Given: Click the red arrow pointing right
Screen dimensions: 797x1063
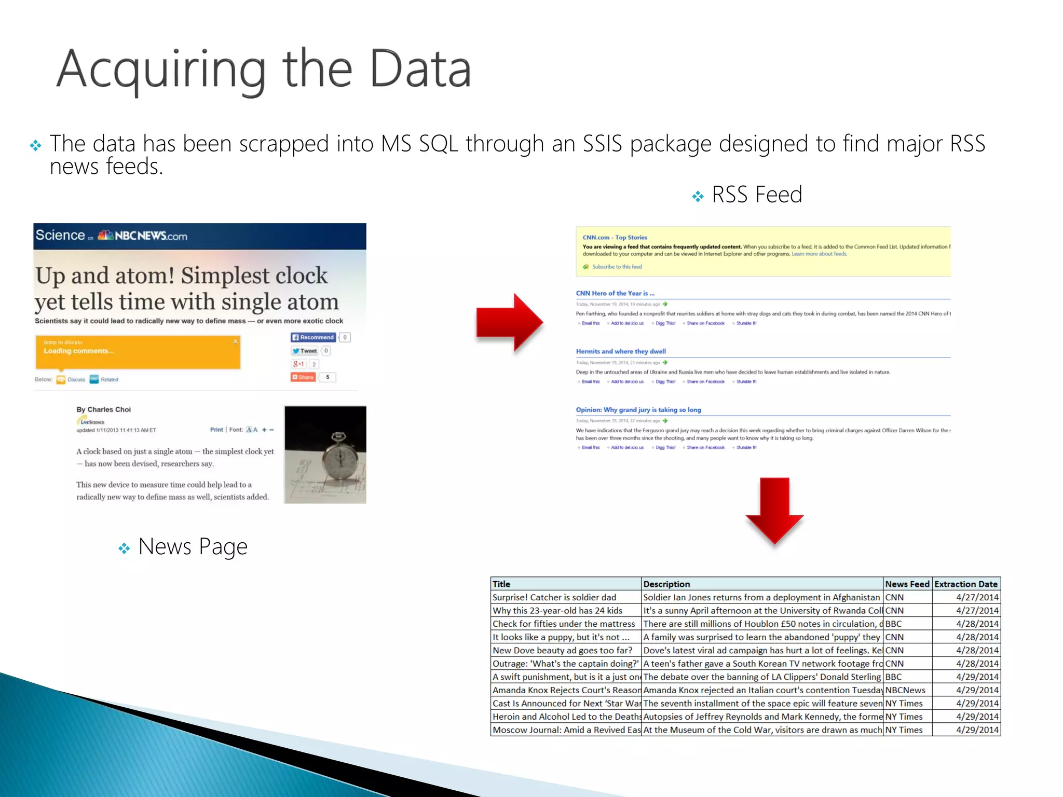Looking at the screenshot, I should pos(509,323).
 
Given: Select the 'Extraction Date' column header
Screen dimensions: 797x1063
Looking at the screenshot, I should pos(965,584).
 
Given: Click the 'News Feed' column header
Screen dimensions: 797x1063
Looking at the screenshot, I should pos(907,584).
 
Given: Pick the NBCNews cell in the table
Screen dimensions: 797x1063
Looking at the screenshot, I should pos(905,690).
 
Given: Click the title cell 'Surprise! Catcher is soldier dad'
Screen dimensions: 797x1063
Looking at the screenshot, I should pos(554,597).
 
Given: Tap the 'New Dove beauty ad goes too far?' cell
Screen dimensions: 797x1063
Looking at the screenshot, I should pos(563,650).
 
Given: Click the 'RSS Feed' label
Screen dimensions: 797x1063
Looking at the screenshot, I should pos(757,195).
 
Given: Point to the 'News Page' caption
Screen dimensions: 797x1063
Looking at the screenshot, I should pos(193,546).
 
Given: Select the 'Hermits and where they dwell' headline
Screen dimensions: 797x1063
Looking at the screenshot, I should pos(621,351).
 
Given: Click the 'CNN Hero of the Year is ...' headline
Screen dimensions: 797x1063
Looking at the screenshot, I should pos(615,293).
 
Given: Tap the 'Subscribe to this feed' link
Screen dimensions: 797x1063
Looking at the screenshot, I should pos(617,267).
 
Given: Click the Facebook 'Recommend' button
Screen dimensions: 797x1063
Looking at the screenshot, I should pos(313,337).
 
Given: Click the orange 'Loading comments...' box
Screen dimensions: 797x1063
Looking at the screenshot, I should pos(138,352).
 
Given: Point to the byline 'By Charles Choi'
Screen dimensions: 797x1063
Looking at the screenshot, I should pos(104,409).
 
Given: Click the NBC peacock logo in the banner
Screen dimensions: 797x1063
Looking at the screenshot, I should pos(106,235).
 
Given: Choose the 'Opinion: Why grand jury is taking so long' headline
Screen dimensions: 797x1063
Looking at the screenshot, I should pos(638,410).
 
